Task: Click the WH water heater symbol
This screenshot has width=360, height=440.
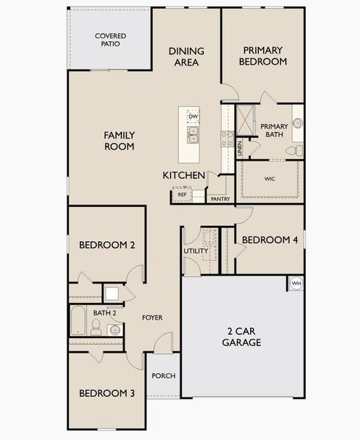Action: click(x=296, y=283)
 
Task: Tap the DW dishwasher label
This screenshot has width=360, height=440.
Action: click(x=193, y=117)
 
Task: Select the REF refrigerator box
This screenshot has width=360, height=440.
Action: click(x=182, y=194)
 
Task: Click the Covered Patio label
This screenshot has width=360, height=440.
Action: click(x=111, y=40)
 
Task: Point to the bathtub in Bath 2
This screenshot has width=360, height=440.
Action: click(x=78, y=320)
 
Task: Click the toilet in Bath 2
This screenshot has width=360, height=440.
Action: click(x=96, y=327)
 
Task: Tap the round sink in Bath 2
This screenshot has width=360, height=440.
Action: click(x=115, y=330)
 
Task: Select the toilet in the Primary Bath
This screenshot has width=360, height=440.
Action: click(x=294, y=150)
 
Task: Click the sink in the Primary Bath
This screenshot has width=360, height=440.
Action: click(x=298, y=123)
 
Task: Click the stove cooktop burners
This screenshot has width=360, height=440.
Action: click(x=227, y=139)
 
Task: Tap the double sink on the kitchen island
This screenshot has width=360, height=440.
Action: click(x=193, y=135)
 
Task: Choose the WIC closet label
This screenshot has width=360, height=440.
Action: click(x=269, y=179)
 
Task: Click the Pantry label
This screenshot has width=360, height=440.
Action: click(x=220, y=199)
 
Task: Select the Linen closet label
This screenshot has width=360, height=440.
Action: click(x=239, y=148)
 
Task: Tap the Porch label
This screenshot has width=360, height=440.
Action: click(x=164, y=375)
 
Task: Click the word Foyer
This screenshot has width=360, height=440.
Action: click(x=153, y=318)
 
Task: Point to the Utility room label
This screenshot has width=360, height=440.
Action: click(x=196, y=251)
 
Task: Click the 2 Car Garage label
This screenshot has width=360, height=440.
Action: click(x=242, y=337)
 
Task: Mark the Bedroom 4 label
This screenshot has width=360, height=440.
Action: click(x=270, y=240)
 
